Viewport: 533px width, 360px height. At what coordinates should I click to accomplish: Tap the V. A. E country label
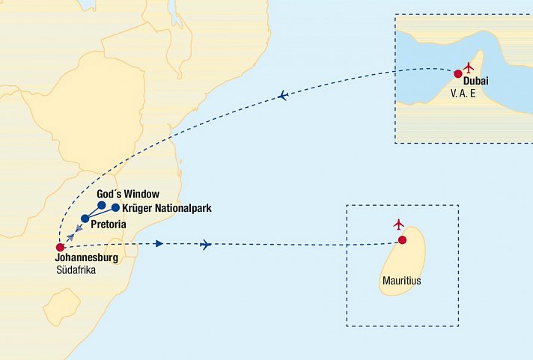click(463, 94)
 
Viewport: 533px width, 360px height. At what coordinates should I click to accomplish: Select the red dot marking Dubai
click(457, 73)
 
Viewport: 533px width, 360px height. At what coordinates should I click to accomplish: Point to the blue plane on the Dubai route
click(283, 95)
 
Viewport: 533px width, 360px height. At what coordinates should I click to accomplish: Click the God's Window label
click(128, 195)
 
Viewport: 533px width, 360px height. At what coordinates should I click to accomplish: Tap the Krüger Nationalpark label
click(166, 208)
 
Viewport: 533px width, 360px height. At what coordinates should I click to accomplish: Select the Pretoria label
click(107, 224)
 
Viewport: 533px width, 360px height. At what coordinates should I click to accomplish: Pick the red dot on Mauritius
click(402, 240)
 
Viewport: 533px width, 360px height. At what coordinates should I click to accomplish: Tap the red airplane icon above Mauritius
click(399, 225)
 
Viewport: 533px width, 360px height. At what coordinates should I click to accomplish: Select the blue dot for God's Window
click(101, 204)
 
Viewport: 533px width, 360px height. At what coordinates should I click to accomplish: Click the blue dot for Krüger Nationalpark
click(115, 208)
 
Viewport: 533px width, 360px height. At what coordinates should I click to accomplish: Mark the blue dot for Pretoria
click(85, 219)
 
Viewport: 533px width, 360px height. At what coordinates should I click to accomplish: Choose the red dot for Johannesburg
click(60, 248)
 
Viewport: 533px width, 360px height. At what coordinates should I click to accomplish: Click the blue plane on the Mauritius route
click(207, 245)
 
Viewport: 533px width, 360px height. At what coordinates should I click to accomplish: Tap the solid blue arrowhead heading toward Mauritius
click(158, 244)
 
